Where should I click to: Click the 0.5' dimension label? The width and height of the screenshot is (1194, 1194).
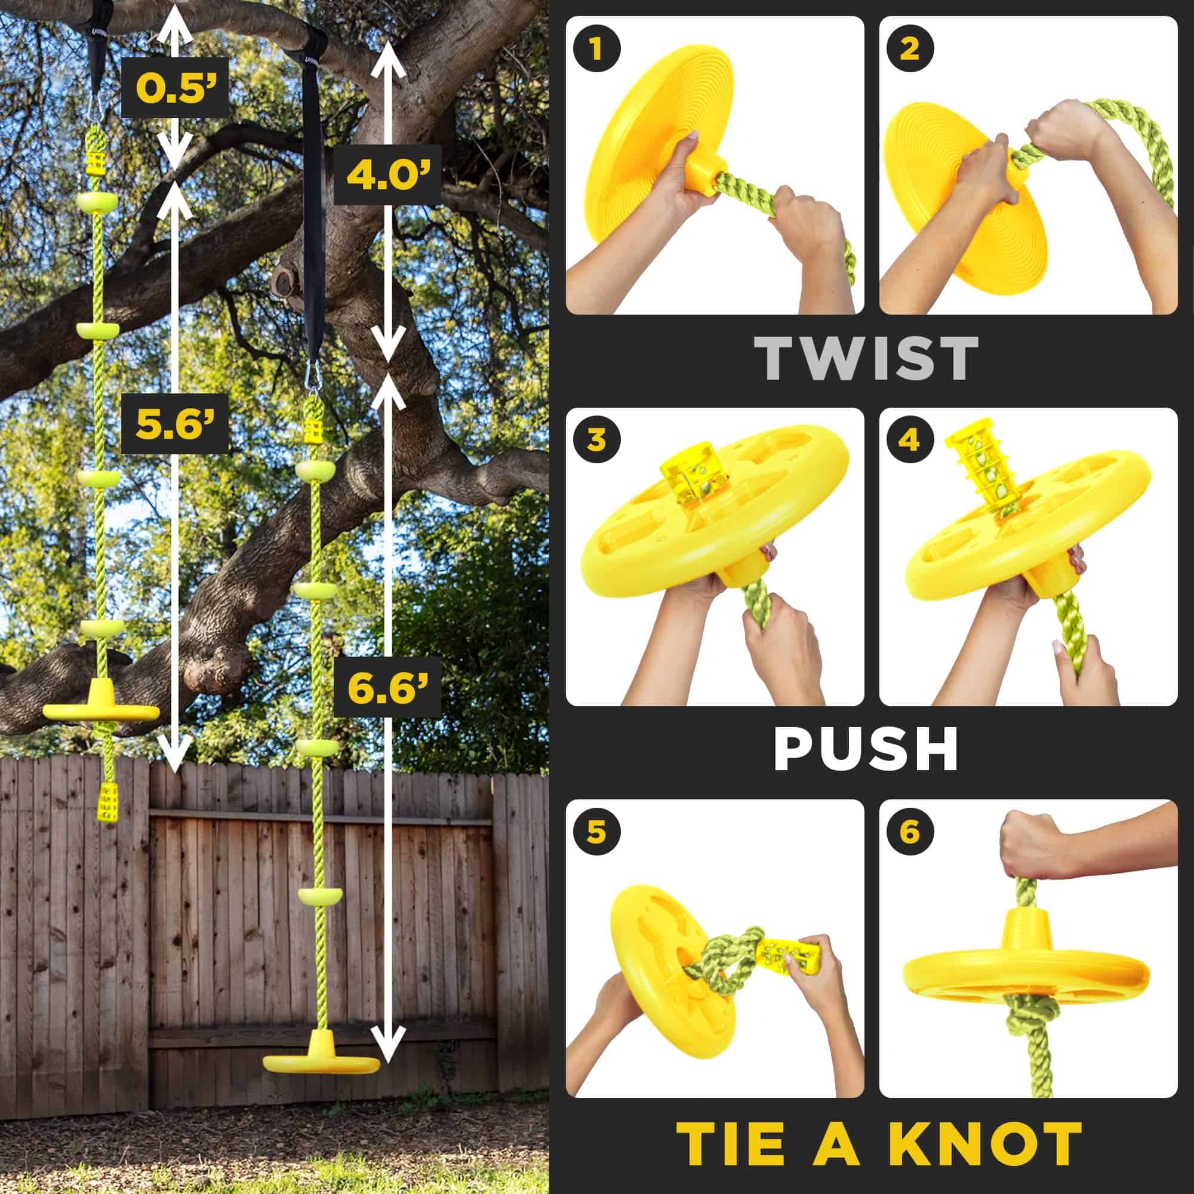click(x=175, y=88)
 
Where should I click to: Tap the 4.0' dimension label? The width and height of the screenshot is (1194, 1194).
click(x=387, y=175)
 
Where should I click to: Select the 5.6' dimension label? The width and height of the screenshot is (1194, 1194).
click(x=174, y=423)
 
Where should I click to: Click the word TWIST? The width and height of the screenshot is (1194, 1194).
click(x=867, y=359)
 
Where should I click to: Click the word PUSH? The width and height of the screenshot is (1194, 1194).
click(x=866, y=749)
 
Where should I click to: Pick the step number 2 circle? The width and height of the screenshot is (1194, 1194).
click(x=909, y=50)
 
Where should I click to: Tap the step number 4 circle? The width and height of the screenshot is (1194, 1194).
click(x=909, y=441)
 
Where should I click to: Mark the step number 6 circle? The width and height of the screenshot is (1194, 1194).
click(x=909, y=832)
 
